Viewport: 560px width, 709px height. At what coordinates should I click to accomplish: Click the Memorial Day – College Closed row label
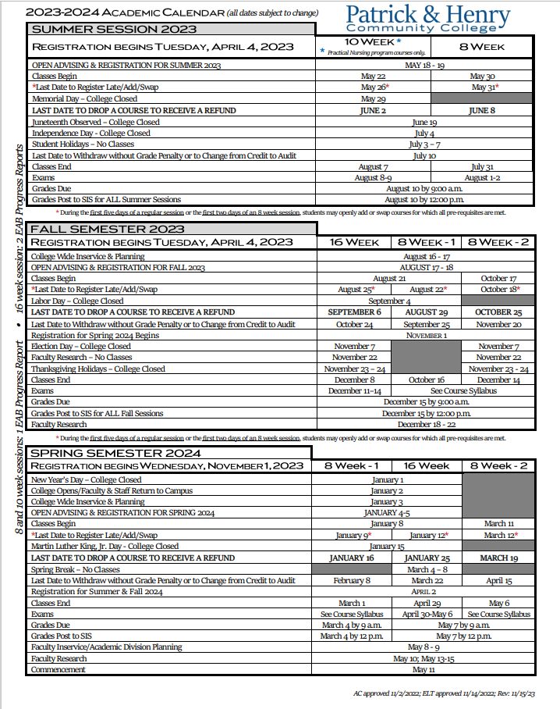tap(84, 99)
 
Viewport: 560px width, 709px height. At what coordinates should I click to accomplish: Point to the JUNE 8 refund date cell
tap(482, 111)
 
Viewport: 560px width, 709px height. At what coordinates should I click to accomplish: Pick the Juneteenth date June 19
tap(424, 123)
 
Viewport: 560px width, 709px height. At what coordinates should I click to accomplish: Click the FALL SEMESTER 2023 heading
tap(108, 229)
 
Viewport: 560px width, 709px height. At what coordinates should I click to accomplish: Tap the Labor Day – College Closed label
tap(77, 301)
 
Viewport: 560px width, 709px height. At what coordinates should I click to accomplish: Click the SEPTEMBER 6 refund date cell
tap(355, 312)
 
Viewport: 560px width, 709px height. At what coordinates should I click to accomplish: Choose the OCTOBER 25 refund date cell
tap(498, 312)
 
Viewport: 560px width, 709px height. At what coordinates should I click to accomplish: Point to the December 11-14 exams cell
tap(355, 391)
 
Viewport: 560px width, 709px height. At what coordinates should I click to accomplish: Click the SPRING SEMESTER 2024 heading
tap(115, 453)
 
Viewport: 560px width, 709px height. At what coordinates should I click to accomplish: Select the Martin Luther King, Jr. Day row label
tap(105, 547)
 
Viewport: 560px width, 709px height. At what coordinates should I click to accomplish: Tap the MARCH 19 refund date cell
tap(499, 558)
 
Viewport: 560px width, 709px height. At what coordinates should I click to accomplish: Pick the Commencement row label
tap(58, 670)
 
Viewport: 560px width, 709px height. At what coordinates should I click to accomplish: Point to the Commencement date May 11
tap(424, 670)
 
